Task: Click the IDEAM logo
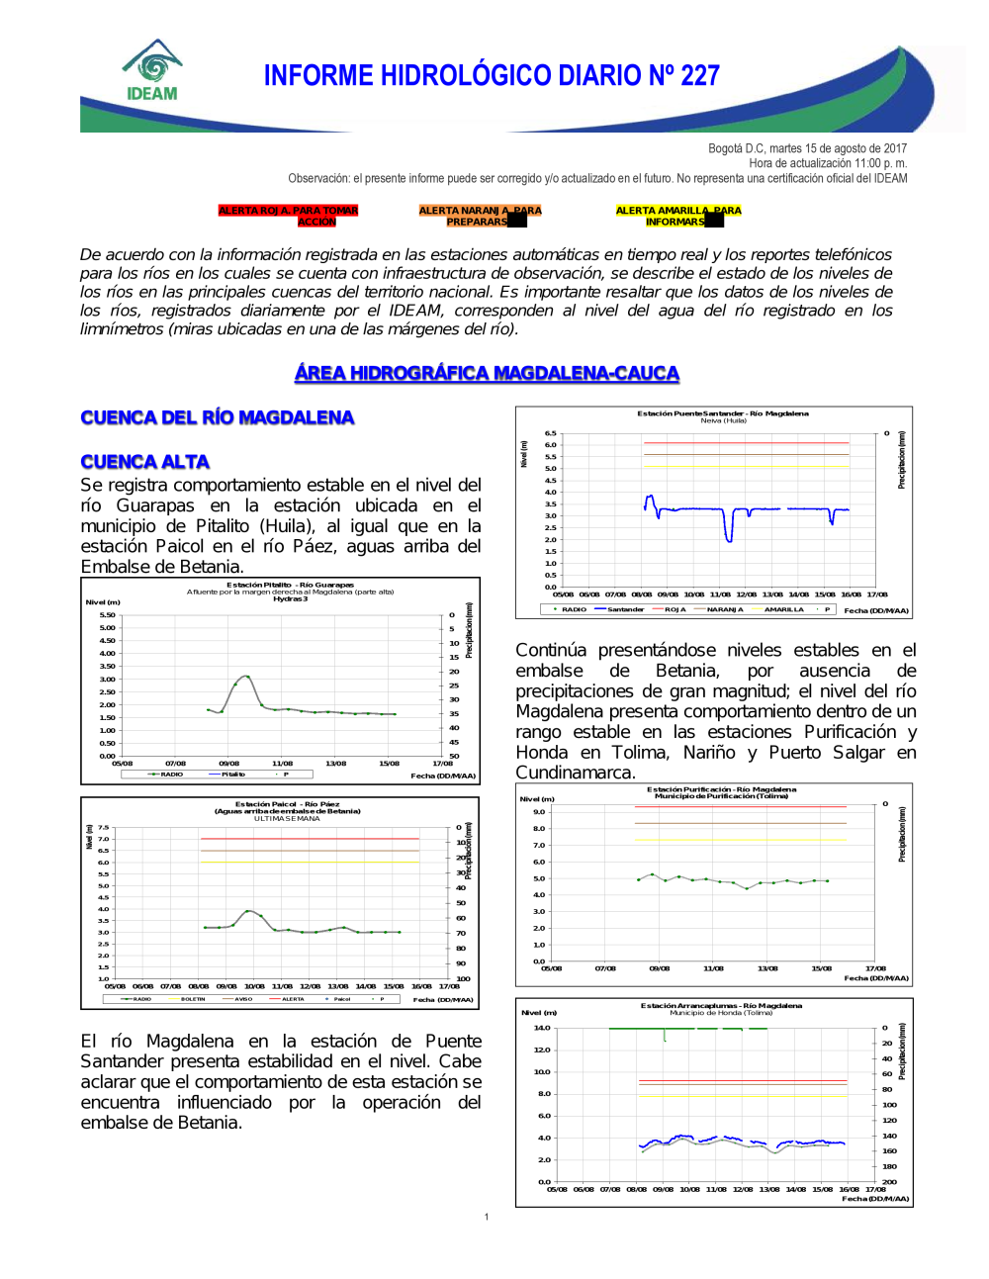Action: click(152, 70)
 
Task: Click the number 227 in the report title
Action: click(699, 75)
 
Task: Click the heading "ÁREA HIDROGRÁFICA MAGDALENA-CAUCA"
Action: click(487, 373)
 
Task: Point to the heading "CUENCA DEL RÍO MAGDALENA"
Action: click(218, 417)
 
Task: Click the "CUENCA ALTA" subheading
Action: click(145, 462)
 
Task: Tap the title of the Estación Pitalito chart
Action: click(290, 586)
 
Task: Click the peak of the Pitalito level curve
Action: click(246, 676)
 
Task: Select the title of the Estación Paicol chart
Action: click(287, 804)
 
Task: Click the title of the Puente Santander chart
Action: click(722, 413)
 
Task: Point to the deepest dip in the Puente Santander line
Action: click(729, 539)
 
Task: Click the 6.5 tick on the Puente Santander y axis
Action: click(550, 433)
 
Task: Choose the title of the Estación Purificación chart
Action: click(721, 789)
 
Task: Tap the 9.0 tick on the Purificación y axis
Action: click(539, 812)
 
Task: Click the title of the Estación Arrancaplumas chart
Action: click(721, 1005)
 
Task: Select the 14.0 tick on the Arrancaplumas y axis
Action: click(542, 1028)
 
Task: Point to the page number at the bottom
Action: click(487, 1217)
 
